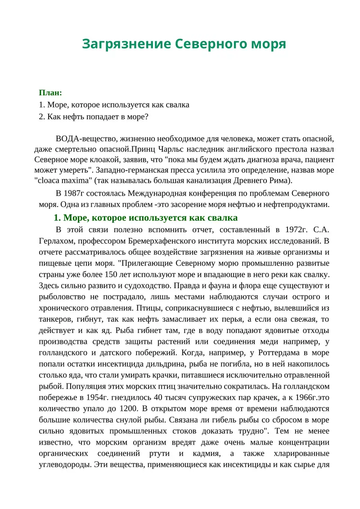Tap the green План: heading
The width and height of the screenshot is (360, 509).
50,93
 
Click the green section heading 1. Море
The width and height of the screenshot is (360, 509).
145,218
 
